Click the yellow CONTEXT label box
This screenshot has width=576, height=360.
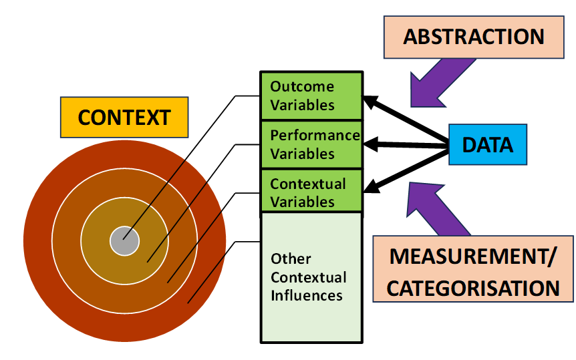coord(124,118)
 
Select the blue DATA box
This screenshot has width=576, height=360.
coord(488,144)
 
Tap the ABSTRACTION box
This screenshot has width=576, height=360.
coord(474,36)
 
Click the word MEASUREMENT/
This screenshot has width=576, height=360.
coord(473,256)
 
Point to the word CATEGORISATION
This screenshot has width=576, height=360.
coord(473,288)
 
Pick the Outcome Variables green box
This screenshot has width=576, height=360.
coord(311,96)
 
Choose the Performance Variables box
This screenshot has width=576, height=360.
coord(311,144)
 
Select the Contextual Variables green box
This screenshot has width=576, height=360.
coord(311,192)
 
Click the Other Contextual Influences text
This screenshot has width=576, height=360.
coord(308,277)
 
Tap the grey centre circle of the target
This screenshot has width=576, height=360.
coord(124,241)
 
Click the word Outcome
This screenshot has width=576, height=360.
coord(301,87)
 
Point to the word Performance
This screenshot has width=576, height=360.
coord(315,136)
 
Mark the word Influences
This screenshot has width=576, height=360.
coord(307,295)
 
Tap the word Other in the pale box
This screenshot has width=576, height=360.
coord(291,258)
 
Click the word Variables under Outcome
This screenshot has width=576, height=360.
coord(302,106)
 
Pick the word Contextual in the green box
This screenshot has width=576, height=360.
coord(308,184)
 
